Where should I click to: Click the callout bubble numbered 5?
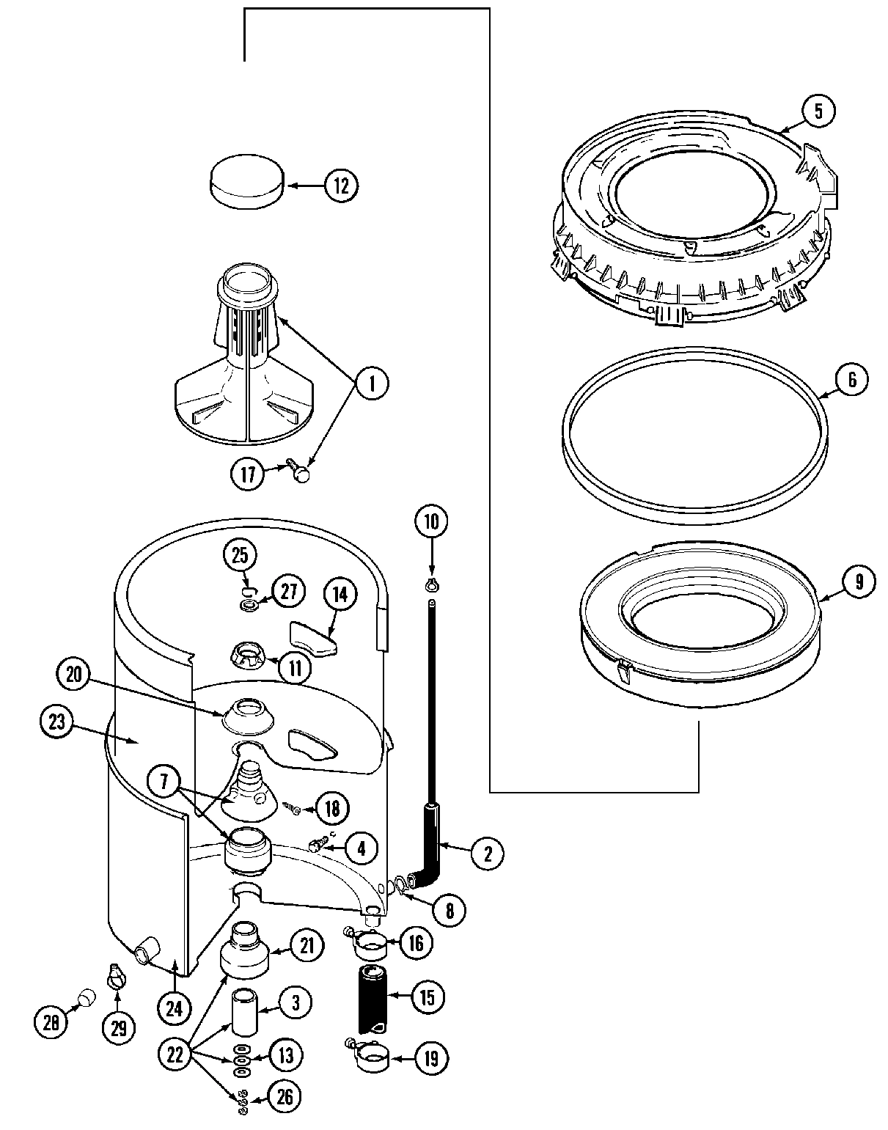818,111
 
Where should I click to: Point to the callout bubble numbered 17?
249,474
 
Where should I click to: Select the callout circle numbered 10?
431,522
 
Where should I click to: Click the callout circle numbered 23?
57,722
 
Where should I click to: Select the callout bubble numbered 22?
175,1055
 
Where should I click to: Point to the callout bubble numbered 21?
307,945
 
